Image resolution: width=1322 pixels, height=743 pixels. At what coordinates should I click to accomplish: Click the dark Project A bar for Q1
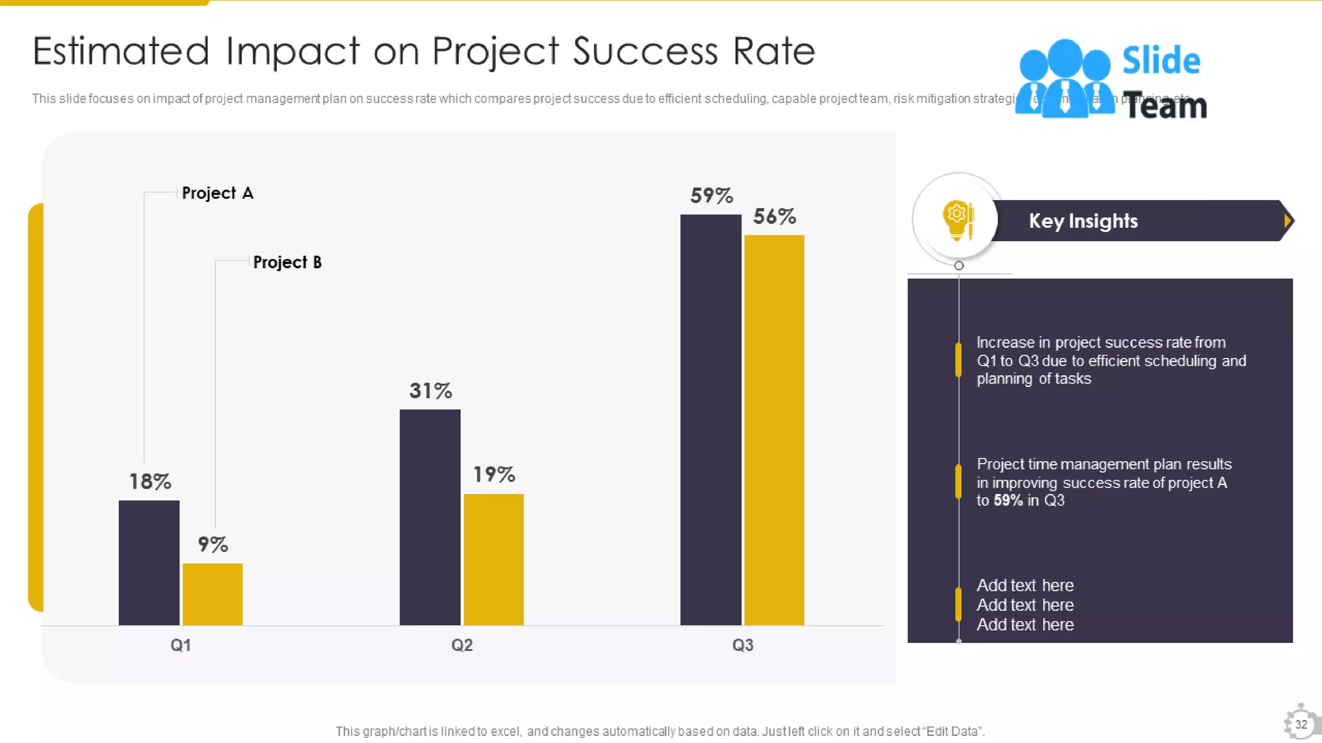(149, 562)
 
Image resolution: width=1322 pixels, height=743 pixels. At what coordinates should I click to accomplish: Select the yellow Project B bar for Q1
(212, 594)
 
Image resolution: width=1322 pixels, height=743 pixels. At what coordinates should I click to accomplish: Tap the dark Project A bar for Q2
(430, 517)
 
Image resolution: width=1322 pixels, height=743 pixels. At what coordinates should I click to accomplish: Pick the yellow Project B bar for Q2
(493, 559)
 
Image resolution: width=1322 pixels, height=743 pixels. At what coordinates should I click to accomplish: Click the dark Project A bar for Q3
(711, 419)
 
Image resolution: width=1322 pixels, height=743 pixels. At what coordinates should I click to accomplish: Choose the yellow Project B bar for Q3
(774, 430)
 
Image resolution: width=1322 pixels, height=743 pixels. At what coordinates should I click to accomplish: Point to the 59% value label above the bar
(711, 195)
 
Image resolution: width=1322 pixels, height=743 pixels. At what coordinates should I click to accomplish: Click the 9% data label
(212, 544)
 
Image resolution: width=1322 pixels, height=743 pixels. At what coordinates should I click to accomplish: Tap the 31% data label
(431, 390)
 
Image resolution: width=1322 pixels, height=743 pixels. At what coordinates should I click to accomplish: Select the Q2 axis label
(462, 645)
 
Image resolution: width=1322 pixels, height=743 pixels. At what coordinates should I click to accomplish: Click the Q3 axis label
(742, 645)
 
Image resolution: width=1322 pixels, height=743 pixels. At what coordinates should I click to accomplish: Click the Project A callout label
(218, 193)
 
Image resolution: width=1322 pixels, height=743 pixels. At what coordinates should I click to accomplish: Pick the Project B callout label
(287, 262)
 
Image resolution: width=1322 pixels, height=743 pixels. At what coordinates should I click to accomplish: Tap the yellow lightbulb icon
(957, 219)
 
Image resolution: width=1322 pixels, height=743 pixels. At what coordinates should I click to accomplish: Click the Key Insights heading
(1083, 221)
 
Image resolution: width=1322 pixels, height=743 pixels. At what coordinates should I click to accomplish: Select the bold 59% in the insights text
(1008, 500)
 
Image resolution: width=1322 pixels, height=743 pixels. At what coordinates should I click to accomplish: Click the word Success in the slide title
(645, 51)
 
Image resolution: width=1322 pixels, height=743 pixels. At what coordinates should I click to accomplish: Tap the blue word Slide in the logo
(1161, 61)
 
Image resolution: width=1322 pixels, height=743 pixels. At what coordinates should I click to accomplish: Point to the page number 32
(1301, 724)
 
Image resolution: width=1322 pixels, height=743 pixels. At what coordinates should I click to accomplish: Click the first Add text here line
(1024, 585)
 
